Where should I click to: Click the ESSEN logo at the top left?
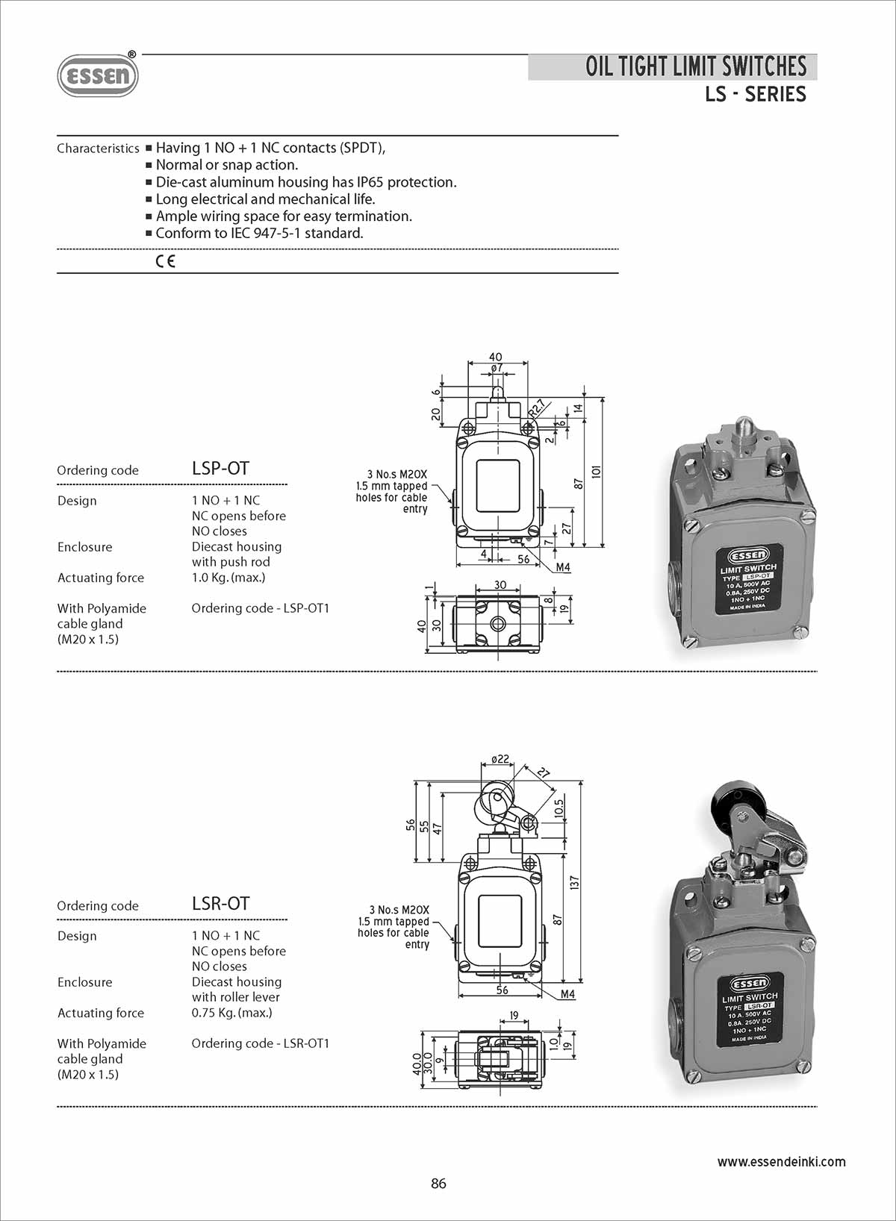(x=98, y=75)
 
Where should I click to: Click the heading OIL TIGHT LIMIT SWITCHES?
(x=695, y=66)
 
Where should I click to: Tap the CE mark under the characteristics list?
(x=166, y=261)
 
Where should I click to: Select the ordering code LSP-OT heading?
(x=220, y=468)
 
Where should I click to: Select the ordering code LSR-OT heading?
(x=220, y=903)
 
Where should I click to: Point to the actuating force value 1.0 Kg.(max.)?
(x=228, y=578)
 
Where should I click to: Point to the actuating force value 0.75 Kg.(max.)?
(x=231, y=1013)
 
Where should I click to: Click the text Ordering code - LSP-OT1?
(x=260, y=608)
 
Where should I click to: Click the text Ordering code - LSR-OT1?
(x=260, y=1043)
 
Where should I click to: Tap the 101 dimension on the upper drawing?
(x=596, y=472)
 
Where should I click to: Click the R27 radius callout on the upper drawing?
(x=536, y=410)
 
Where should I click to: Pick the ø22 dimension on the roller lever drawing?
(x=500, y=759)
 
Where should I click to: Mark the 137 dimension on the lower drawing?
(x=574, y=882)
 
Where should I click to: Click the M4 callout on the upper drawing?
(x=563, y=567)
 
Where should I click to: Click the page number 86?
(x=438, y=1184)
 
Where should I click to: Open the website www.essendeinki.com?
(x=781, y=1161)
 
